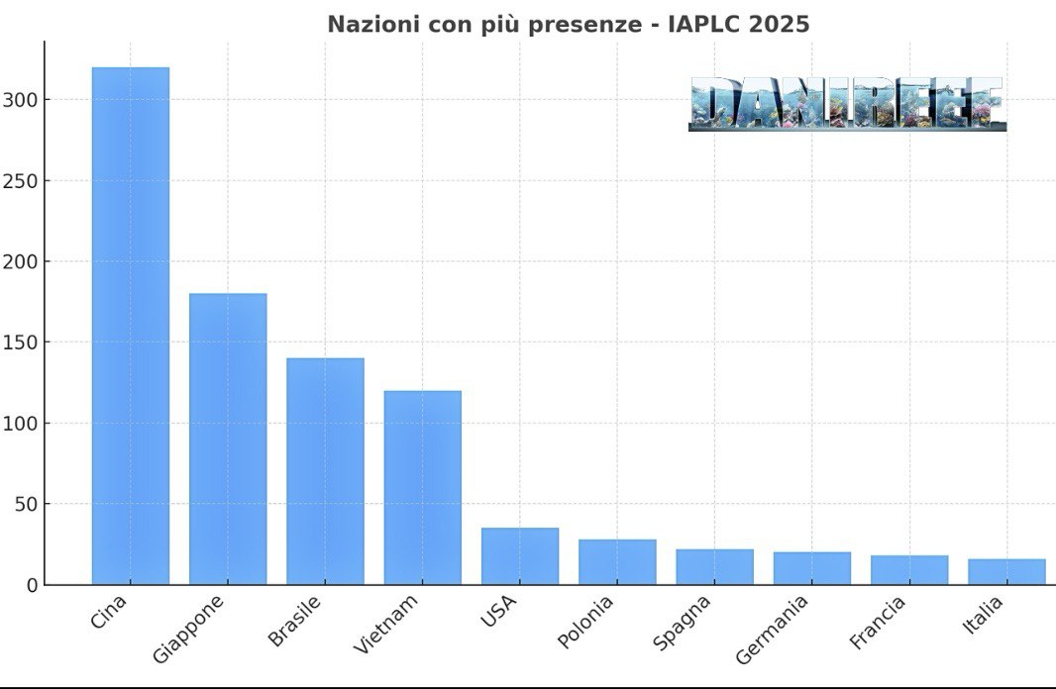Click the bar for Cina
point(130,327)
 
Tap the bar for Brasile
point(325,471)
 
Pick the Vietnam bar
point(422,487)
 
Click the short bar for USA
point(520,556)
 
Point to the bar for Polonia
point(617,561)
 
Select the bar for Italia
point(1006,571)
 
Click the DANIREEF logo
point(847,104)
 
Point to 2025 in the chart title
point(780,24)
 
